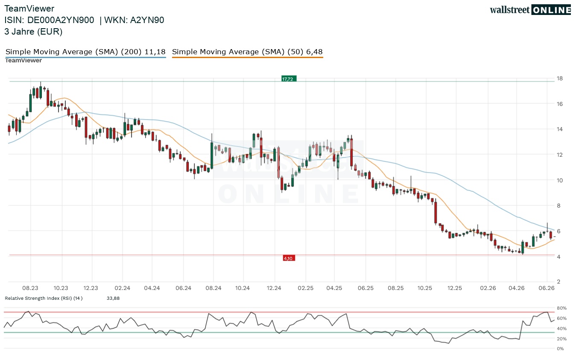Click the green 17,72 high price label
(x=289, y=79)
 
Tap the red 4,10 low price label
(x=289, y=258)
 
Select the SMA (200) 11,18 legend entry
(x=85, y=52)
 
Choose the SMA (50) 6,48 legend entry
(x=247, y=52)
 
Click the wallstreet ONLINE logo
(x=530, y=10)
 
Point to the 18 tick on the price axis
(x=559, y=79)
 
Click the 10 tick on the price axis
(x=559, y=180)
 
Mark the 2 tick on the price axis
(x=558, y=281)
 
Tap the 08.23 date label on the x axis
(x=30, y=288)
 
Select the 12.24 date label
(x=274, y=288)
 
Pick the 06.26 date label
(x=547, y=288)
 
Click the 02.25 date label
(x=305, y=288)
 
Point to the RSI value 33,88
(x=113, y=298)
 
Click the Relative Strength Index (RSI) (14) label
(x=44, y=298)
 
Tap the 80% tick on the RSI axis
(x=561, y=308)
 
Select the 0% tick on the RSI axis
(x=560, y=349)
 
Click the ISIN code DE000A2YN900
(x=61, y=20)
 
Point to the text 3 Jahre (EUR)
(x=33, y=32)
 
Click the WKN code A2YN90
(x=147, y=20)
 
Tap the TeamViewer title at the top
(x=29, y=9)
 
